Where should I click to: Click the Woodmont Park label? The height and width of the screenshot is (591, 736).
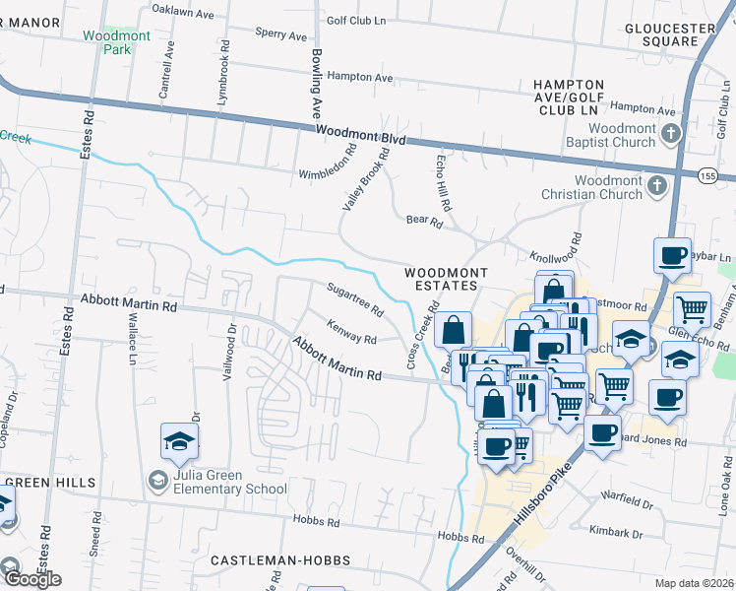131,41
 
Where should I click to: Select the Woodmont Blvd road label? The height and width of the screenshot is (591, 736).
360,136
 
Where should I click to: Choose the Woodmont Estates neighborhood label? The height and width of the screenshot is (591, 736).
443,277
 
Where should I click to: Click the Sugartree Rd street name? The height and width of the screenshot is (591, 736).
354,297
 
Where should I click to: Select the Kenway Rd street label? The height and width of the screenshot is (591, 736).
351,333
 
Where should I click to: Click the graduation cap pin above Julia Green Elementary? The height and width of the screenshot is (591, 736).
179,443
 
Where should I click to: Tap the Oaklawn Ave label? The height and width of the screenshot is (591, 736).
183,11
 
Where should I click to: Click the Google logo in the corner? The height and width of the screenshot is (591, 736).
31,579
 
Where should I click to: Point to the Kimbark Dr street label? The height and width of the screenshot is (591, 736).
616,532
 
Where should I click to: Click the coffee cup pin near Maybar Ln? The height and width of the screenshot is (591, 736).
672,256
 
